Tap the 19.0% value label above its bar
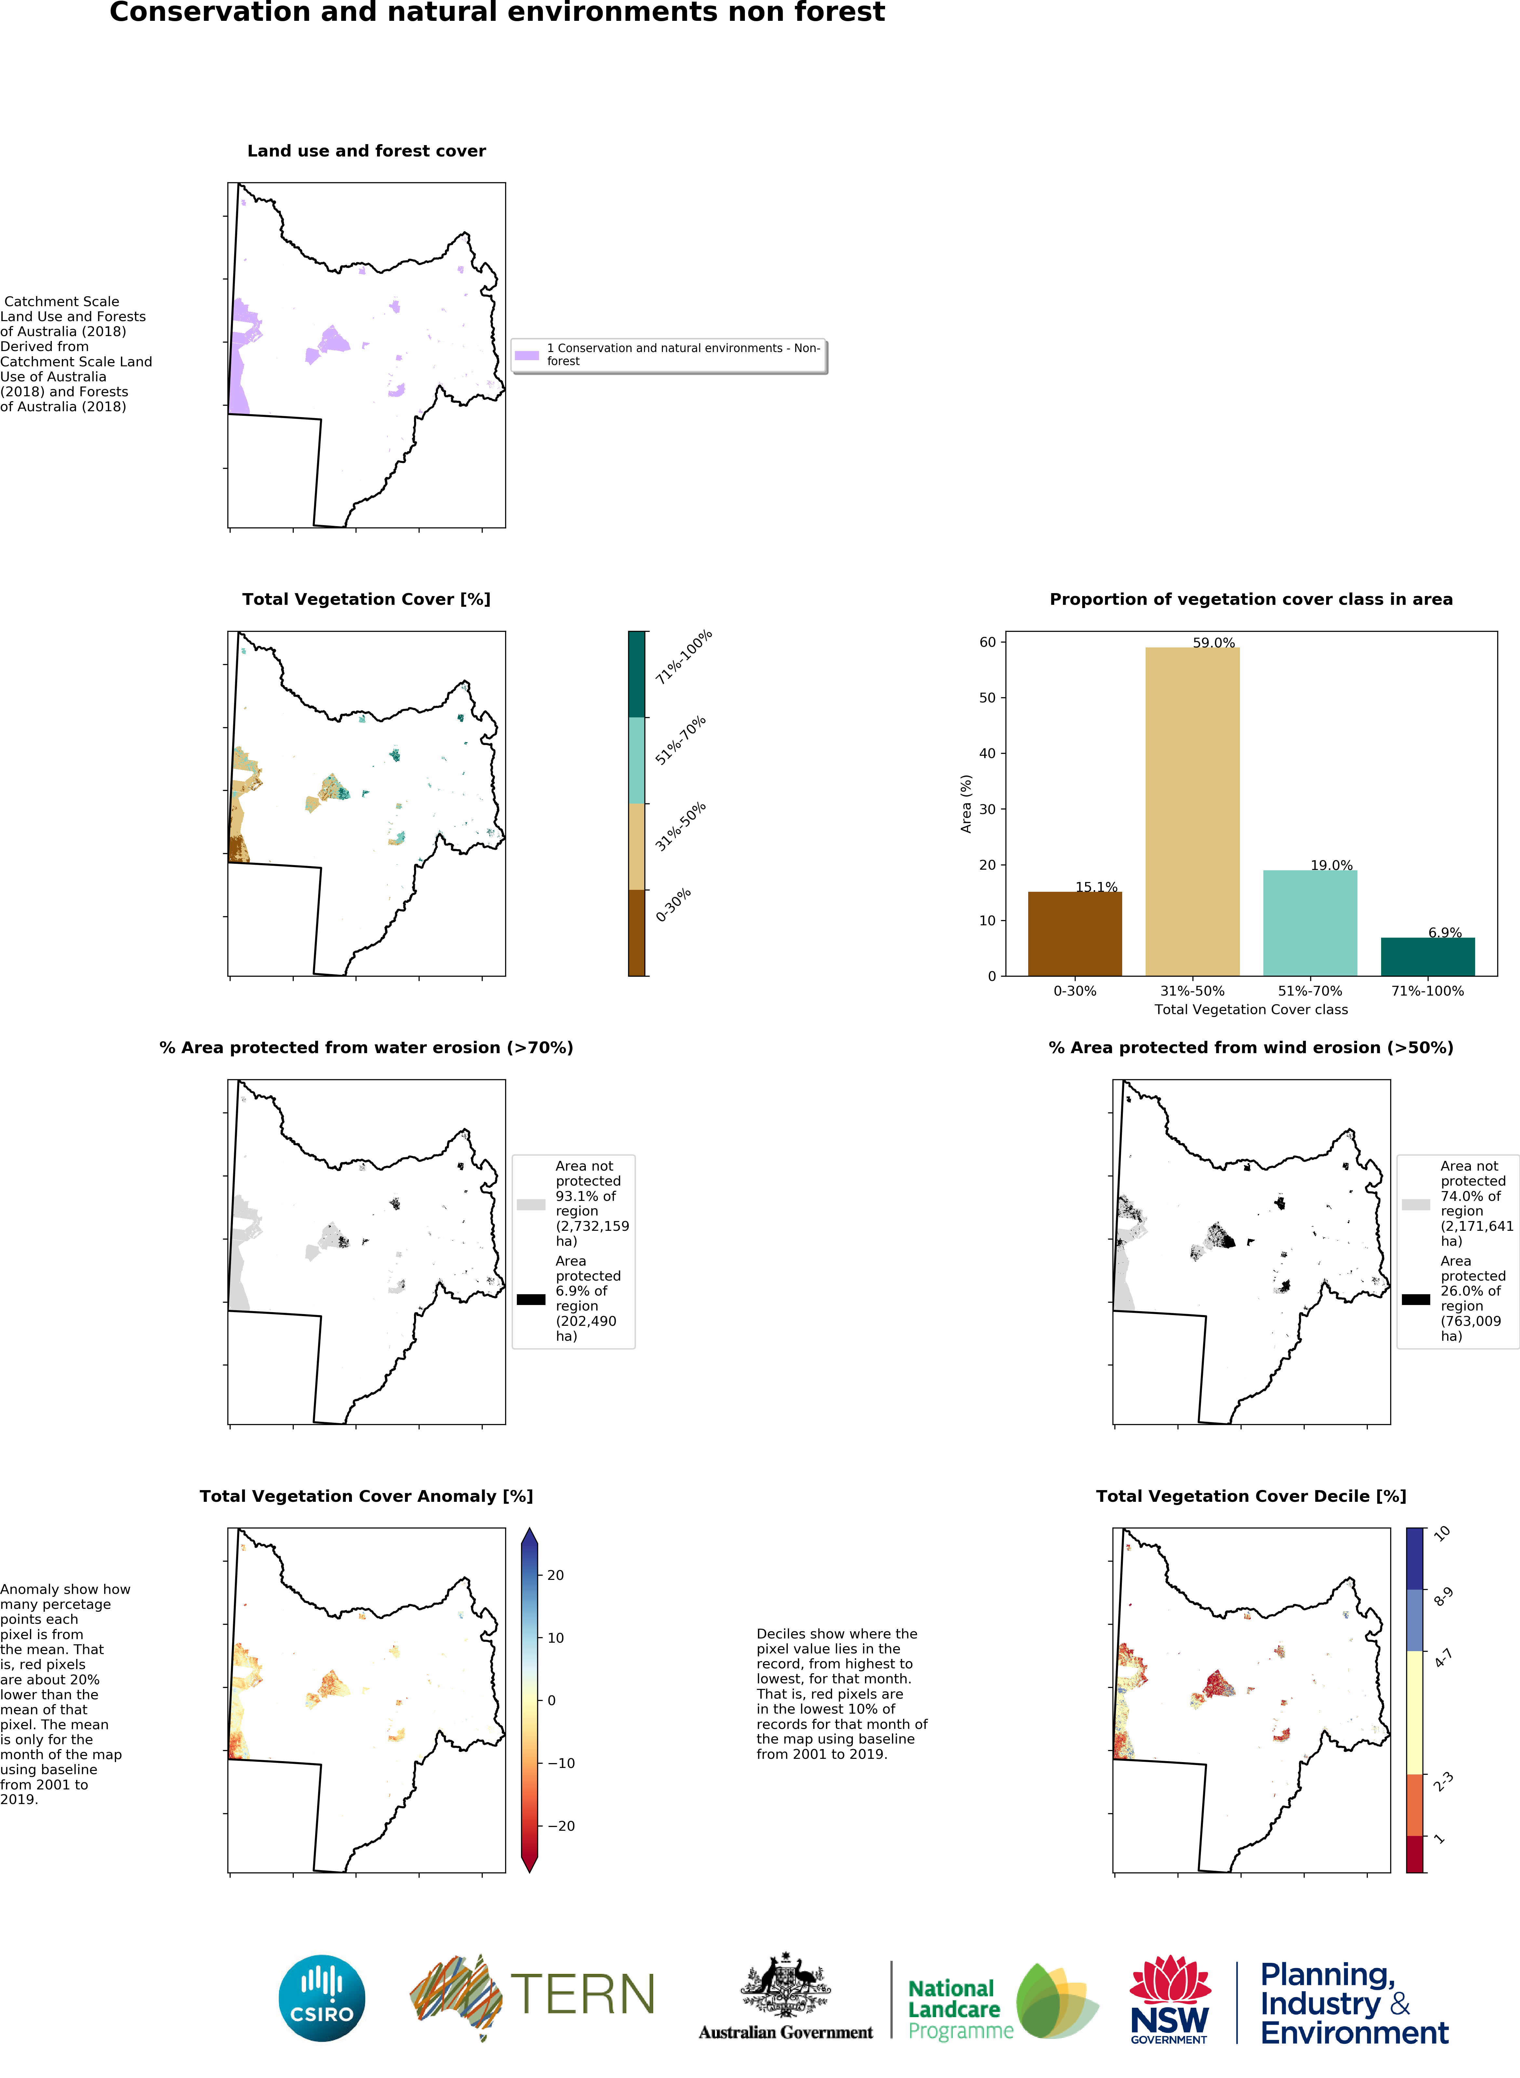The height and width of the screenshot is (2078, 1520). click(1331, 865)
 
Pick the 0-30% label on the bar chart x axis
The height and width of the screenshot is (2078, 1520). click(1075, 991)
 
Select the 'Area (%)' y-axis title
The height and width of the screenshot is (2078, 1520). click(966, 803)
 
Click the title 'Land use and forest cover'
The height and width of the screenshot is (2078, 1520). click(366, 151)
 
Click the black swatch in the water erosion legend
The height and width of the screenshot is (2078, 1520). click(531, 1299)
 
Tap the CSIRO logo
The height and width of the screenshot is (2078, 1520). click(322, 1999)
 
